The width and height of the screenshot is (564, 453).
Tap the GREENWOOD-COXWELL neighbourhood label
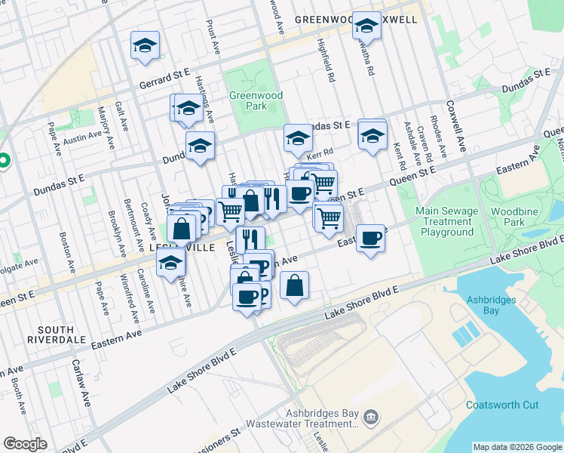pos(355,19)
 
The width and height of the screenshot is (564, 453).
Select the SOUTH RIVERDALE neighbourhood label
pos(56,335)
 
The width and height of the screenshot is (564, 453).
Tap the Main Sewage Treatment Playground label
pos(447,222)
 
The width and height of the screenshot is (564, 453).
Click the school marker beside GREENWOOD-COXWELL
pos(366,26)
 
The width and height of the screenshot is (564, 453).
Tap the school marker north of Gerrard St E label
pos(146,46)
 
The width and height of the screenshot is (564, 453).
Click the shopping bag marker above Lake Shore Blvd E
pos(295,286)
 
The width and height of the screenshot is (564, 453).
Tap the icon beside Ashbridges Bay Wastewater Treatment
pos(370,417)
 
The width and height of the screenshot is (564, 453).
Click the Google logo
pos(26,444)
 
